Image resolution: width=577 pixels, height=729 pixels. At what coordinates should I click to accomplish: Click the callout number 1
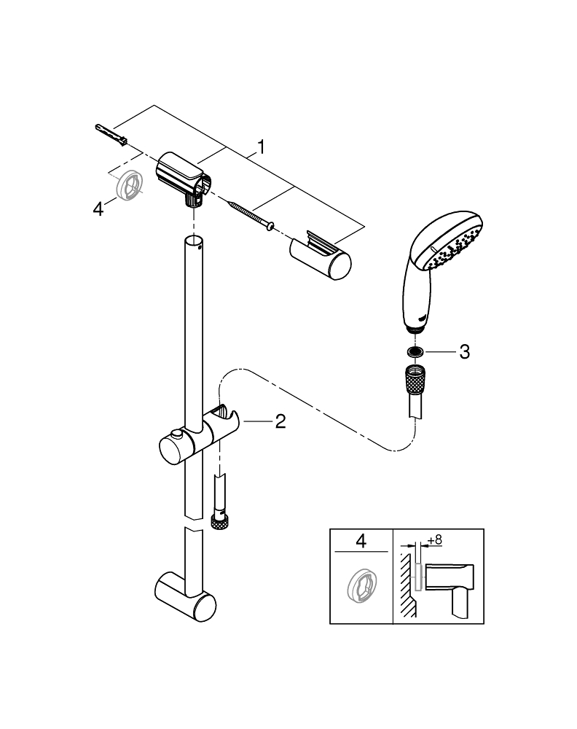pyautogui.click(x=261, y=147)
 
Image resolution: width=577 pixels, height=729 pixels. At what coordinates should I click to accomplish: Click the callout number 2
pyautogui.click(x=280, y=421)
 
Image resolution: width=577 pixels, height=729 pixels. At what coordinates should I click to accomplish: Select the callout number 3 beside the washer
pyautogui.click(x=464, y=352)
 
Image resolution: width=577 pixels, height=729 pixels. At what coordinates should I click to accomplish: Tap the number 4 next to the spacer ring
pyautogui.click(x=98, y=210)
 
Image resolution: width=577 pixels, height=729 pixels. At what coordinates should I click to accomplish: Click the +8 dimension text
pyautogui.click(x=435, y=540)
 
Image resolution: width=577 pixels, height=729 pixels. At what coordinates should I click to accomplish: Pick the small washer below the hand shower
pyautogui.click(x=415, y=352)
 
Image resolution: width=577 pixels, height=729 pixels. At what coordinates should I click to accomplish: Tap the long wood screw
pyautogui.click(x=248, y=215)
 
